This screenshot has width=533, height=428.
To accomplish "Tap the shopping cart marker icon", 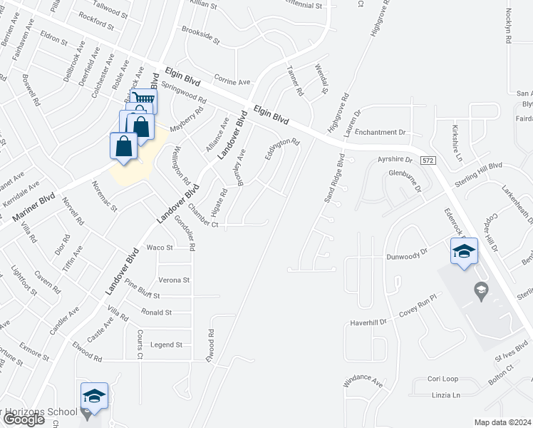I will (x=145, y=100).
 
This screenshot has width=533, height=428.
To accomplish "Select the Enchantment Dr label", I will (x=380, y=133).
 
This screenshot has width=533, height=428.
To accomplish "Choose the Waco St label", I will (x=160, y=248).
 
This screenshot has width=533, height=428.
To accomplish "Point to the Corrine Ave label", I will (x=232, y=82).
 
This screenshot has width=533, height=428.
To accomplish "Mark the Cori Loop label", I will (x=443, y=379).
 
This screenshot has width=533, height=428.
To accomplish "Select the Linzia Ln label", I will (x=446, y=394).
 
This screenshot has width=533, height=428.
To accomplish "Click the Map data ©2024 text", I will (x=502, y=422).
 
